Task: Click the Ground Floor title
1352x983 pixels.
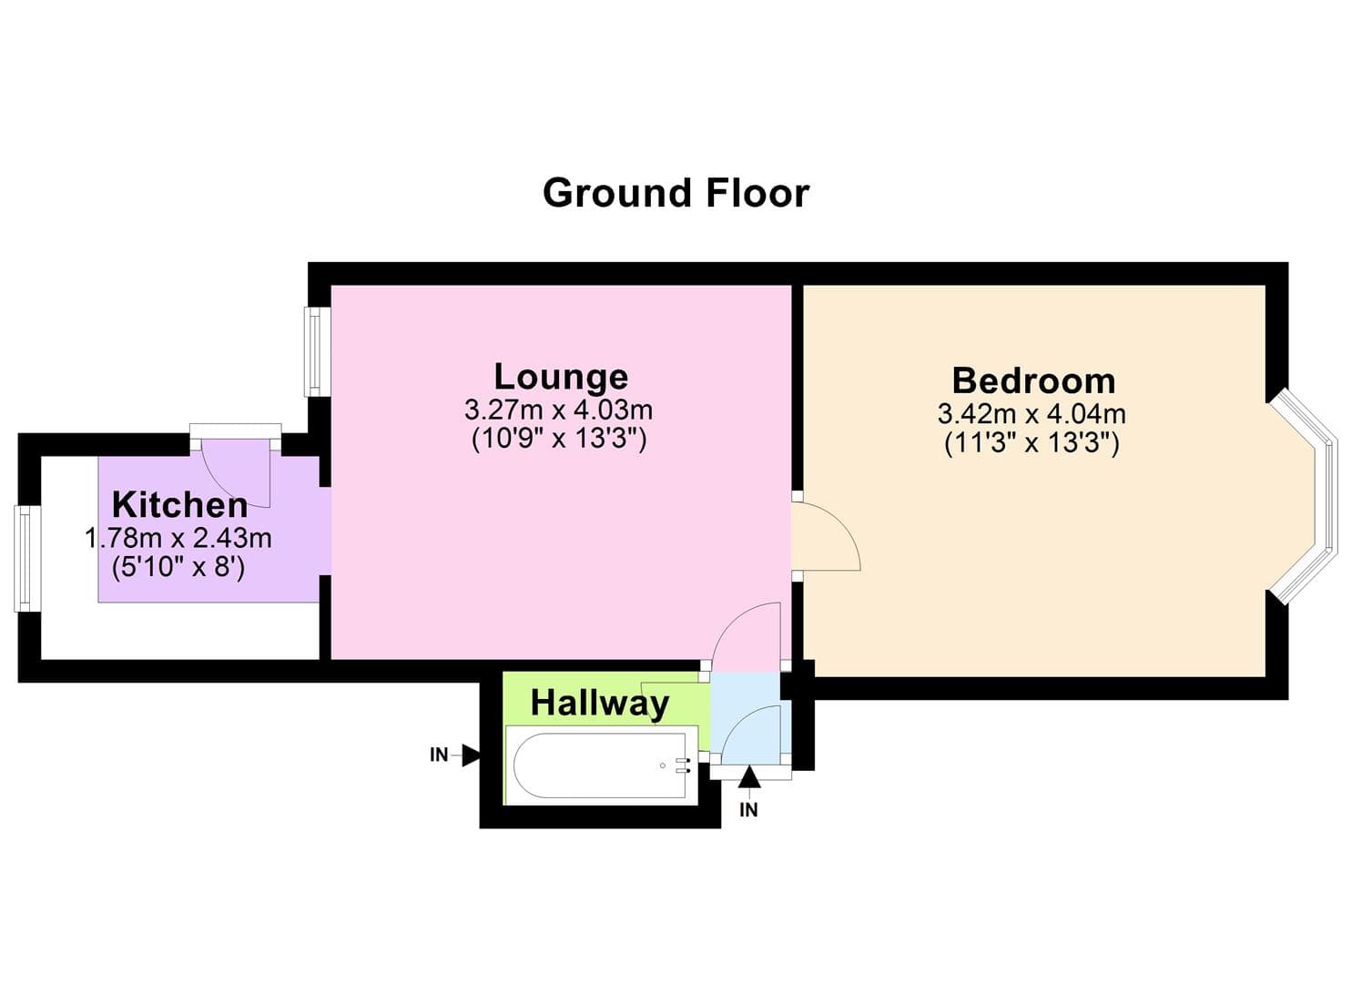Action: (676, 193)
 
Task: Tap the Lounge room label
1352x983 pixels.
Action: (561, 376)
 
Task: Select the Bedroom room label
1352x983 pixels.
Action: (1033, 380)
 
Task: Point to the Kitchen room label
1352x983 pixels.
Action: (179, 504)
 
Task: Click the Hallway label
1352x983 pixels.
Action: (599, 703)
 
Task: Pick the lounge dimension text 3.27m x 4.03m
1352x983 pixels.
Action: (558, 410)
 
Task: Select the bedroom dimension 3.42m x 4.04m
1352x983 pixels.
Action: (1032, 414)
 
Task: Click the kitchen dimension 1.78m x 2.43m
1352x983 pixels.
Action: (178, 538)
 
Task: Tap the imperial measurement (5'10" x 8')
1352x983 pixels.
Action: (178, 568)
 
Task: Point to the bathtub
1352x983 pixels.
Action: (601, 765)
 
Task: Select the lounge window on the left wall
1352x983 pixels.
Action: (315, 350)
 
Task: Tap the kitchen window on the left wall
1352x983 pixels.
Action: (23, 558)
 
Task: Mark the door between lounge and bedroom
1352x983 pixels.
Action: (824, 537)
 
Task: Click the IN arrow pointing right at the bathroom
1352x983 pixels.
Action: (470, 755)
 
